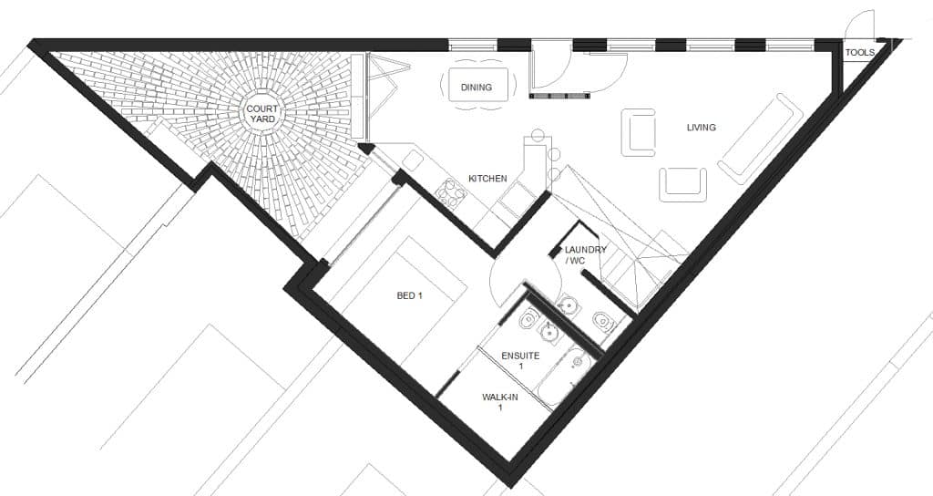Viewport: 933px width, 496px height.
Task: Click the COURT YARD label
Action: tap(262, 115)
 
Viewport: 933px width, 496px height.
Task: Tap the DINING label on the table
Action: tap(476, 88)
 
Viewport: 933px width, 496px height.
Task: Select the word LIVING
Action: tap(701, 128)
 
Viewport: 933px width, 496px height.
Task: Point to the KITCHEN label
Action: tap(487, 179)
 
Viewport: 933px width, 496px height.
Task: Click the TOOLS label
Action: tap(859, 53)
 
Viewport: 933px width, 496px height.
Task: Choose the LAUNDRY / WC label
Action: tap(585, 255)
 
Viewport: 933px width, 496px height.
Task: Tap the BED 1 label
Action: tap(410, 296)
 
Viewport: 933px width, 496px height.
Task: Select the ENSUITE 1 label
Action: tap(521, 360)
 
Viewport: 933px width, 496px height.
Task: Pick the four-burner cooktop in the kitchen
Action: tap(451, 191)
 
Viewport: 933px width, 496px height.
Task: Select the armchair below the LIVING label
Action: tap(683, 184)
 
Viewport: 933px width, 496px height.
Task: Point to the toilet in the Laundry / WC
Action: tap(602, 320)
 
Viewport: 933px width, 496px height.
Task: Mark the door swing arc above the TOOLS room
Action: tap(860, 25)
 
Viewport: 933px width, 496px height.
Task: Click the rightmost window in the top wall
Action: tap(789, 44)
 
